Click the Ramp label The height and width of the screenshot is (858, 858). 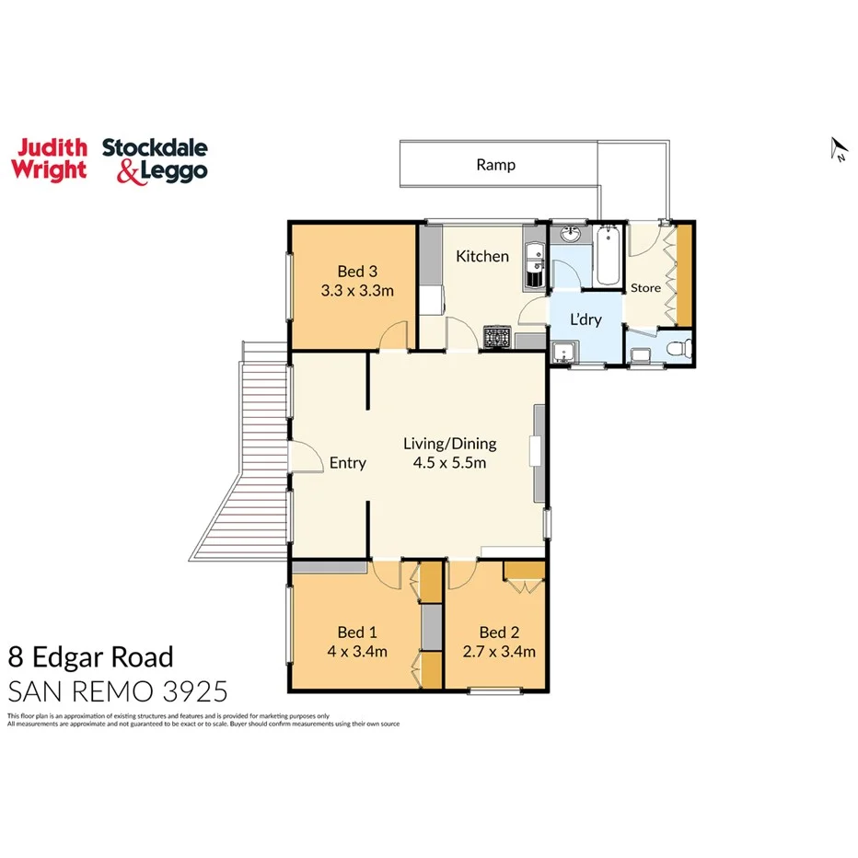click(x=495, y=166)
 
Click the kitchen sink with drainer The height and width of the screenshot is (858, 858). click(x=531, y=264)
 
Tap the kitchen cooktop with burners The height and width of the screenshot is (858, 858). click(x=498, y=339)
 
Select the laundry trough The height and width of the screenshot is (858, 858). click(x=563, y=353)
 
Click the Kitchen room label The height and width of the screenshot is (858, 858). click(x=482, y=256)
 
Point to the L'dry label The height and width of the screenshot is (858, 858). click(x=585, y=319)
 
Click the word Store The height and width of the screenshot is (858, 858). click(x=645, y=288)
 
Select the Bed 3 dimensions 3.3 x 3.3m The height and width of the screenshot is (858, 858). click(x=357, y=291)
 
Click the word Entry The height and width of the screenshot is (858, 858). click(x=347, y=463)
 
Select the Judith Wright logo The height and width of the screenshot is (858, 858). click(x=49, y=159)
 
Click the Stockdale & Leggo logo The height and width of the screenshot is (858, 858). click(x=155, y=160)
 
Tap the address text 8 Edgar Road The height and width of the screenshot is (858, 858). click(x=90, y=657)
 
